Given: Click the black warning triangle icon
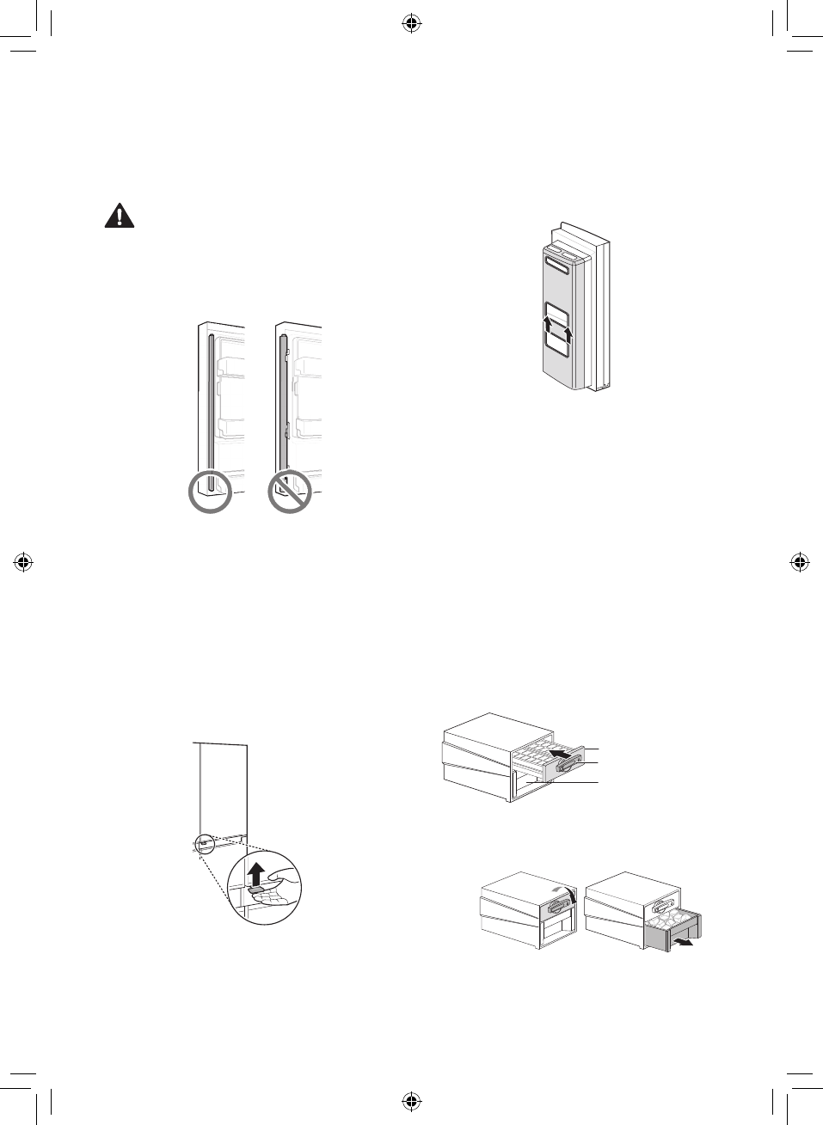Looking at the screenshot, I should pos(120,216).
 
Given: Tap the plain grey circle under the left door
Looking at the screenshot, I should pos(210,492).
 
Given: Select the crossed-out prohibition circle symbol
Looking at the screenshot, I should pos(289,492).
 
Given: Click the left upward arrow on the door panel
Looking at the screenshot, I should pos(548,326).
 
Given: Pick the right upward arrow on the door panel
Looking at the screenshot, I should pos(566,331).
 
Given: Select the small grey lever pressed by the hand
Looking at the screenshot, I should pos(255,891).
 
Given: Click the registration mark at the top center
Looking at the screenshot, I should pos(411,24).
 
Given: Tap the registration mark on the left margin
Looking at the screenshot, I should pos(23,563).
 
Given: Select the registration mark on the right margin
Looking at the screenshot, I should pos(799,563).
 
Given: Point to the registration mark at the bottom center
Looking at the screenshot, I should pos(411,1100).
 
